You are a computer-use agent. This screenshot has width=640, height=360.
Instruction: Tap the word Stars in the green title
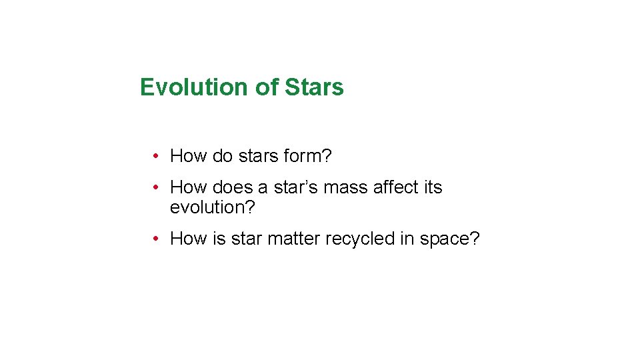point(314,87)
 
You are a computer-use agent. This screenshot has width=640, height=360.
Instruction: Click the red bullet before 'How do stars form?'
point(154,157)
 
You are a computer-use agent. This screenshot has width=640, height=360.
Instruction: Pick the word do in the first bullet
point(223,157)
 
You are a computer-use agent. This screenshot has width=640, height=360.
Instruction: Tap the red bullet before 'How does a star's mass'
point(154,188)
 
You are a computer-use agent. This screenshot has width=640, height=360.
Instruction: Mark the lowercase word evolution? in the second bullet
point(213,208)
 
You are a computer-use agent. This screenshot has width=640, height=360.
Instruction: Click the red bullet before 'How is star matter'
point(154,239)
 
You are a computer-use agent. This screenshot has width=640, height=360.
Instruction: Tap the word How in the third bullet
point(189,239)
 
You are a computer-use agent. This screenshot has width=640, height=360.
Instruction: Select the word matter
point(294,239)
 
